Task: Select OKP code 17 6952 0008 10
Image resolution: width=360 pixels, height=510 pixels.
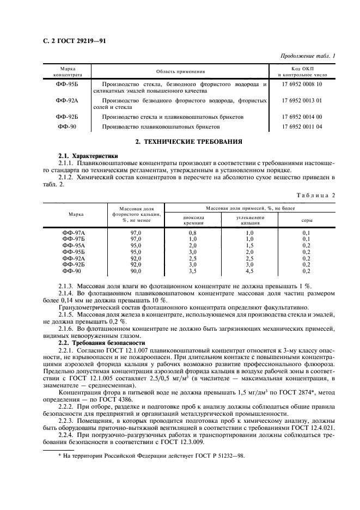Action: point(302,84)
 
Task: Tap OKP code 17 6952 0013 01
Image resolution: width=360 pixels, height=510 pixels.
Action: point(302,101)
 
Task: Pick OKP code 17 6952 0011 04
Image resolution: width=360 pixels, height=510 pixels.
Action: point(302,126)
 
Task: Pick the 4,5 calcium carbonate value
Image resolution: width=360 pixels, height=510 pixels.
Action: point(249,271)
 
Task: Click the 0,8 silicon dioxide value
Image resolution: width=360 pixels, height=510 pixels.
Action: point(192,233)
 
